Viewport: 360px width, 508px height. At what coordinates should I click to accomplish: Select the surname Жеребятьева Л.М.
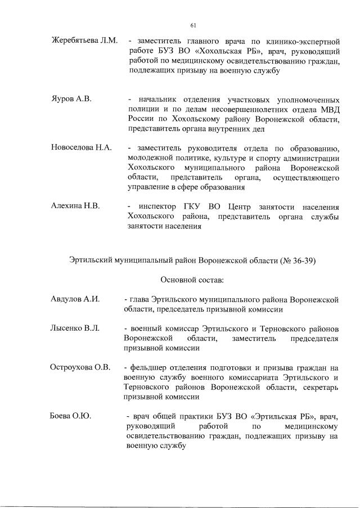point(84,41)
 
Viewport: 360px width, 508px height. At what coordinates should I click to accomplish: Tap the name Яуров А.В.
point(71,98)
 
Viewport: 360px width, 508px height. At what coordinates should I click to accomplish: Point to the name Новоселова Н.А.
point(82,147)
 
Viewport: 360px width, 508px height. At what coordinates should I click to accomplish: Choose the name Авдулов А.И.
point(75,299)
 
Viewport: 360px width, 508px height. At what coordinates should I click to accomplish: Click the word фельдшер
point(149,367)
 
